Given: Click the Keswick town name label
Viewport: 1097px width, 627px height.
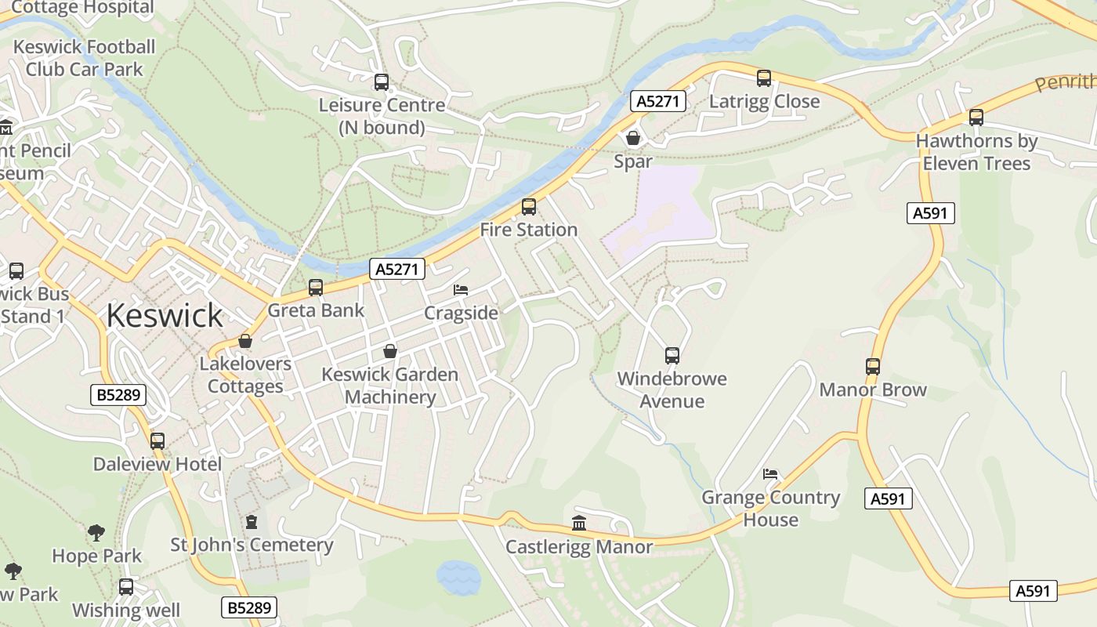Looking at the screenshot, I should coord(165,316).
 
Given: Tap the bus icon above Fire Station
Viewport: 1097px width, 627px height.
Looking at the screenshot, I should coord(529,207).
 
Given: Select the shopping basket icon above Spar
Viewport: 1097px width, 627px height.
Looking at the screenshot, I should coord(633,138).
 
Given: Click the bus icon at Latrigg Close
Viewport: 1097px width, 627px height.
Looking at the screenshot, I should coord(764,78).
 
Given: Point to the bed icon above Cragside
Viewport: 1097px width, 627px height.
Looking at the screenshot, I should coord(461,290).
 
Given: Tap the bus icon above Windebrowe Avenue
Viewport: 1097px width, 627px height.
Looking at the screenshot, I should coord(672,356).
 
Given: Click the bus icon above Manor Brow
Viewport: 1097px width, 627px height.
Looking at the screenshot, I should coord(873,366).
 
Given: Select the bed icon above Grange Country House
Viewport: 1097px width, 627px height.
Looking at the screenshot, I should coord(770,474).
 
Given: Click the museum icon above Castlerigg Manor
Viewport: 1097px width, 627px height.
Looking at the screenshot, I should coord(579,523).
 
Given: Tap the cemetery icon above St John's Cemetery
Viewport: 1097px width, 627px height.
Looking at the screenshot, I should coord(252,521).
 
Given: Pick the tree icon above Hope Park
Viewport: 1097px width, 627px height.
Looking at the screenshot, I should coord(96,533).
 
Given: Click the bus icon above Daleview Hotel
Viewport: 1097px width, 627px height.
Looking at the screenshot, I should coord(157,440).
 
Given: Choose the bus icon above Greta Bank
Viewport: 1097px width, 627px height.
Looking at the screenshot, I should coord(316,288).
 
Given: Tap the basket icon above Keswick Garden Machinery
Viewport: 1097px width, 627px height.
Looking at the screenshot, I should coord(389,351).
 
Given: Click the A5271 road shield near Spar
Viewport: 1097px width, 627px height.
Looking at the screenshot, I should coord(658,101).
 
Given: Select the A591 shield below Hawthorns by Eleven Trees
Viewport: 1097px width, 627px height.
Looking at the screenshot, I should coord(931,213).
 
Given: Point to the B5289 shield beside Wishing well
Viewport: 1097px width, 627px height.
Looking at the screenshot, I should coord(250,607).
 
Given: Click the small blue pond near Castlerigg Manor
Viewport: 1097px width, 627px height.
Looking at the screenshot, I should coord(458,578).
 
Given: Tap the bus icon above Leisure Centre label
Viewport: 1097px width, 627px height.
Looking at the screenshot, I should coord(382,82).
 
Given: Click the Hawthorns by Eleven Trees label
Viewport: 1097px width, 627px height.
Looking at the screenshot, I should coord(976,152).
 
